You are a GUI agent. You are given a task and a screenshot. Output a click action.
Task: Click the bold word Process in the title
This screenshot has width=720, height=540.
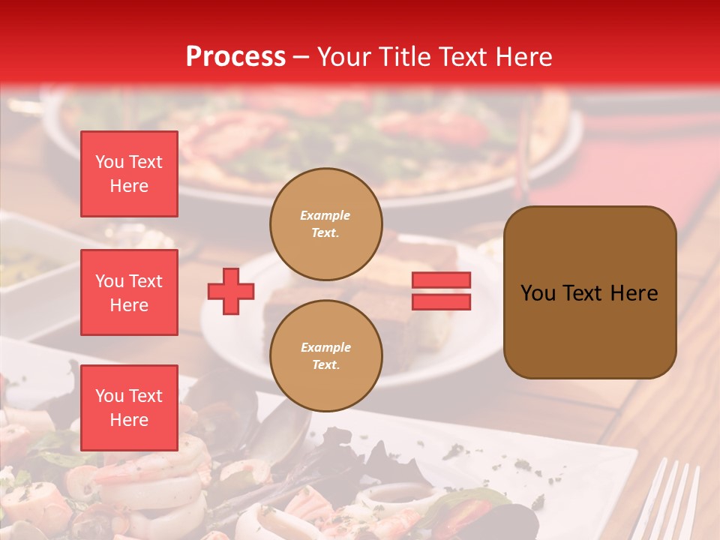(235, 57)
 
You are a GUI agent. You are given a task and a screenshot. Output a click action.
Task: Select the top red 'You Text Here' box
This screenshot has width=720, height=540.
(129, 174)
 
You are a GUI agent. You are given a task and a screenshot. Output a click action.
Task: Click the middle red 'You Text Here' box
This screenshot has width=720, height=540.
(129, 292)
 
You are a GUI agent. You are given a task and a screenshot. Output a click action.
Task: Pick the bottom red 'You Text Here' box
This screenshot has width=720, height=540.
(129, 408)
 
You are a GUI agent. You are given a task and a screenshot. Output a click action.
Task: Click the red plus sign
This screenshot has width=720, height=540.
(231, 292)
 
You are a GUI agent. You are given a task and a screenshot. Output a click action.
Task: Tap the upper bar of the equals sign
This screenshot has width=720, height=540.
(441, 280)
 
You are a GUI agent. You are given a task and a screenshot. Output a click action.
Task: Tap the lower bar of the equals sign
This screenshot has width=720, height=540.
(441, 301)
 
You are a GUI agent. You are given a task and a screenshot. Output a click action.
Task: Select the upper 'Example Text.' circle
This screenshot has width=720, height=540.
(325, 223)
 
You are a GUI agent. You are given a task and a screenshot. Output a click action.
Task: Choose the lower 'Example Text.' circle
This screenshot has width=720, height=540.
(325, 355)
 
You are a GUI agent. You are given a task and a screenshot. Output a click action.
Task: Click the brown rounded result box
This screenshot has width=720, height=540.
(589, 292)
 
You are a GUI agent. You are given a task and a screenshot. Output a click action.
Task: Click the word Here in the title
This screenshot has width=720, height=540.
(524, 57)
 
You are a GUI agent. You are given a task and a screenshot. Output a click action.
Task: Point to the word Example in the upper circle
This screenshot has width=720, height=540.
(325, 215)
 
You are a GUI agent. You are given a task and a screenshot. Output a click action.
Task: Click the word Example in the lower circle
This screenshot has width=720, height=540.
(325, 347)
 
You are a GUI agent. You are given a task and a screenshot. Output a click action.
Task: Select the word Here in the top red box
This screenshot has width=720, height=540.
(129, 186)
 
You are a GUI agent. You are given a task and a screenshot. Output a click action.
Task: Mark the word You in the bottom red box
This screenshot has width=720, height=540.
(109, 396)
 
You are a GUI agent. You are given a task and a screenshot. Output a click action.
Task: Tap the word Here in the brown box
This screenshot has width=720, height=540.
(634, 293)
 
